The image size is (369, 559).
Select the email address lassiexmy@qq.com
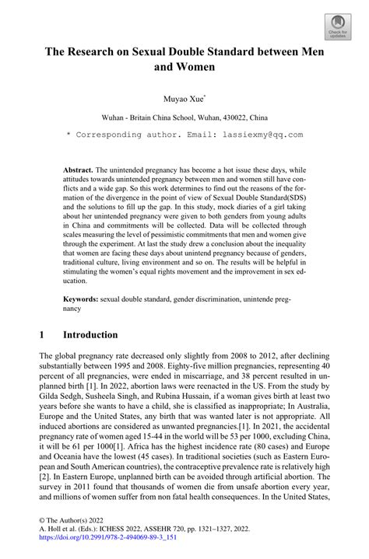click(x=254, y=134)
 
